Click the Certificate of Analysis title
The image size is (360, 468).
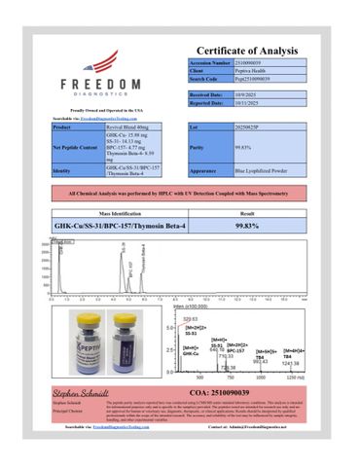(x=260, y=50)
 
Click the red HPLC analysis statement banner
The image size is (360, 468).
(x=180, y=195)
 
